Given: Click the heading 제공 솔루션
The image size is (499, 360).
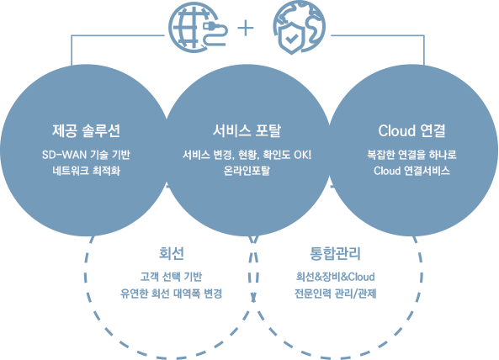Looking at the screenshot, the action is click(86, 130).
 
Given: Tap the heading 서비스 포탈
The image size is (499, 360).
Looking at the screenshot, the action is click(247, 130).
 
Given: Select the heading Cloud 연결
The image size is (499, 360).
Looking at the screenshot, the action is click(411, 130).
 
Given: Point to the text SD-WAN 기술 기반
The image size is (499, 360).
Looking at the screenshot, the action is click(86, 155).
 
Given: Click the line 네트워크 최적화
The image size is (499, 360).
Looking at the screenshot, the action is click(86, 171).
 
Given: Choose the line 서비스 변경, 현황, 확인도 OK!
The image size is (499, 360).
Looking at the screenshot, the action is click(247, 155).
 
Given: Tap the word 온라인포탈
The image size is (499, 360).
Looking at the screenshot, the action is click(247, 171).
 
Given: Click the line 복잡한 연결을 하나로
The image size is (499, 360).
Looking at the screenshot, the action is click(411, 155).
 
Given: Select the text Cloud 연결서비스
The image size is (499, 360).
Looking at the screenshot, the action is click(411, 171).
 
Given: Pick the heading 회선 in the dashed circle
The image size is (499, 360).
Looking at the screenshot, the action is click(171, 253).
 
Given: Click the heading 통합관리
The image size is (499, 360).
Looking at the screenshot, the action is click(335, 253).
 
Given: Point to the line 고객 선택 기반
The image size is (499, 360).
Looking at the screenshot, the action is click(171, 277).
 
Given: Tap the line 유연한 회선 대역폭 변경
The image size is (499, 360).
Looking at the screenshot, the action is click(171, 294).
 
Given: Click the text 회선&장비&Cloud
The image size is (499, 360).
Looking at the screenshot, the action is click(335, 277).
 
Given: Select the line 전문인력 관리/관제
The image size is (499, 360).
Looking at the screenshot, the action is click(335, 294).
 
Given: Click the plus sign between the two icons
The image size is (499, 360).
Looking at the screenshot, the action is click(246, 29).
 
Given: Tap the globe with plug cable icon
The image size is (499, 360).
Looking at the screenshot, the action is click(198, 27).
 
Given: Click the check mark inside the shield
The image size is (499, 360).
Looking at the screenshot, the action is click(291, 39).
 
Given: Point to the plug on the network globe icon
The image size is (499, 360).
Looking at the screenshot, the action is click(210, 25).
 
